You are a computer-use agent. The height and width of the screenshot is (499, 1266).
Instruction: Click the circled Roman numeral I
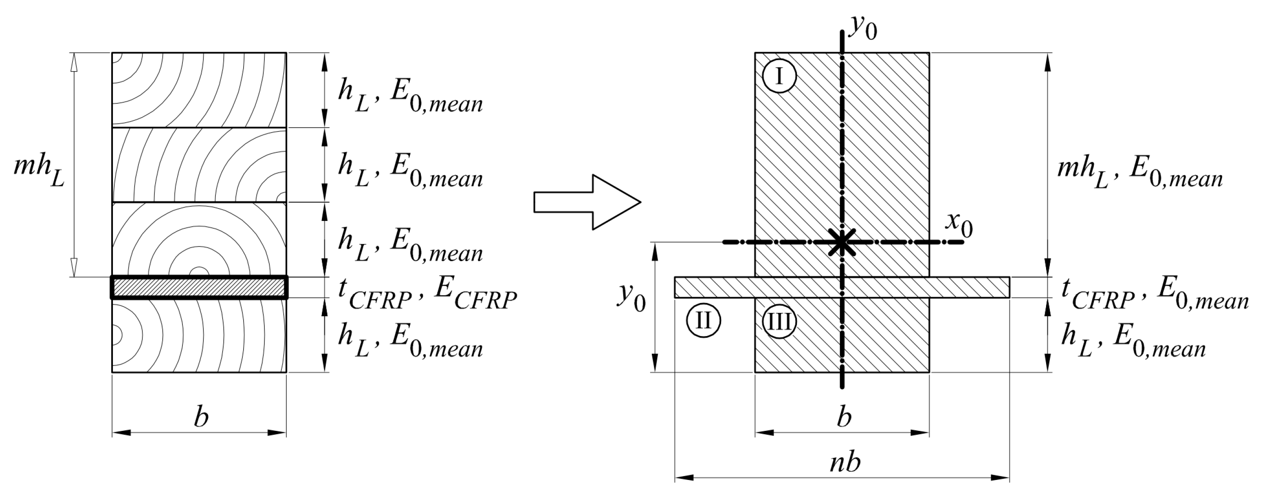[x=779, y=77]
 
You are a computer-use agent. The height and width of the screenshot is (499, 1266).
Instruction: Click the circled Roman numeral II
[x=703, y=321]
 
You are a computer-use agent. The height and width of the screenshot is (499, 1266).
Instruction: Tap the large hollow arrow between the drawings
[x=587, y=202]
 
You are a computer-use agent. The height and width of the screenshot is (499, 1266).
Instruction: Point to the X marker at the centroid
[x=842, y=243]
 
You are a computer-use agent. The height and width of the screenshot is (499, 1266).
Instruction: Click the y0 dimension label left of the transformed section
[x=631, y=298]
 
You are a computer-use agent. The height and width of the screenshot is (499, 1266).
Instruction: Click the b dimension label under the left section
[x=200, y=417]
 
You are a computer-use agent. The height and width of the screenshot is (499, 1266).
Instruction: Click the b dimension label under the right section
[x=843, y=417]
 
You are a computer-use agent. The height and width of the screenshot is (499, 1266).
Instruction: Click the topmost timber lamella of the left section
[x=199, y=89]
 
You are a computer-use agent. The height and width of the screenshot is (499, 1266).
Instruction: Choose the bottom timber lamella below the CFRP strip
[x=199, y=335]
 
